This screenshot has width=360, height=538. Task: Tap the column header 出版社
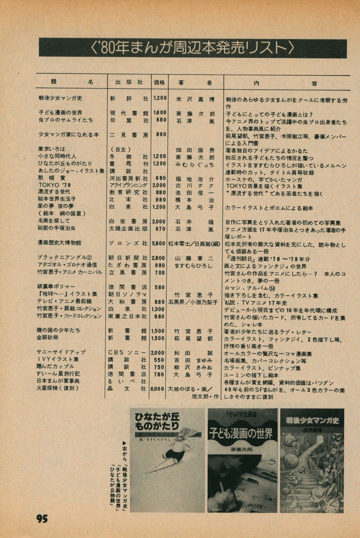tap(129, 82)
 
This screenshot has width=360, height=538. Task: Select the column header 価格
tap(160, 82)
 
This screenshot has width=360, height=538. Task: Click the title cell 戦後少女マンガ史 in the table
tap(60, 98)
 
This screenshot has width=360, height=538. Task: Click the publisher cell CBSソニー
tap(127, 352)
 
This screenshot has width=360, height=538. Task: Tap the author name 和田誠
tap(194, 353)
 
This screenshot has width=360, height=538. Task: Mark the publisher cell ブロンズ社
tap(128, 243)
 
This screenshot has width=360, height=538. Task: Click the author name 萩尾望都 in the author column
tap(194, 338)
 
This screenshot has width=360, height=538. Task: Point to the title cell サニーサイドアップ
tap(61, 352)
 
